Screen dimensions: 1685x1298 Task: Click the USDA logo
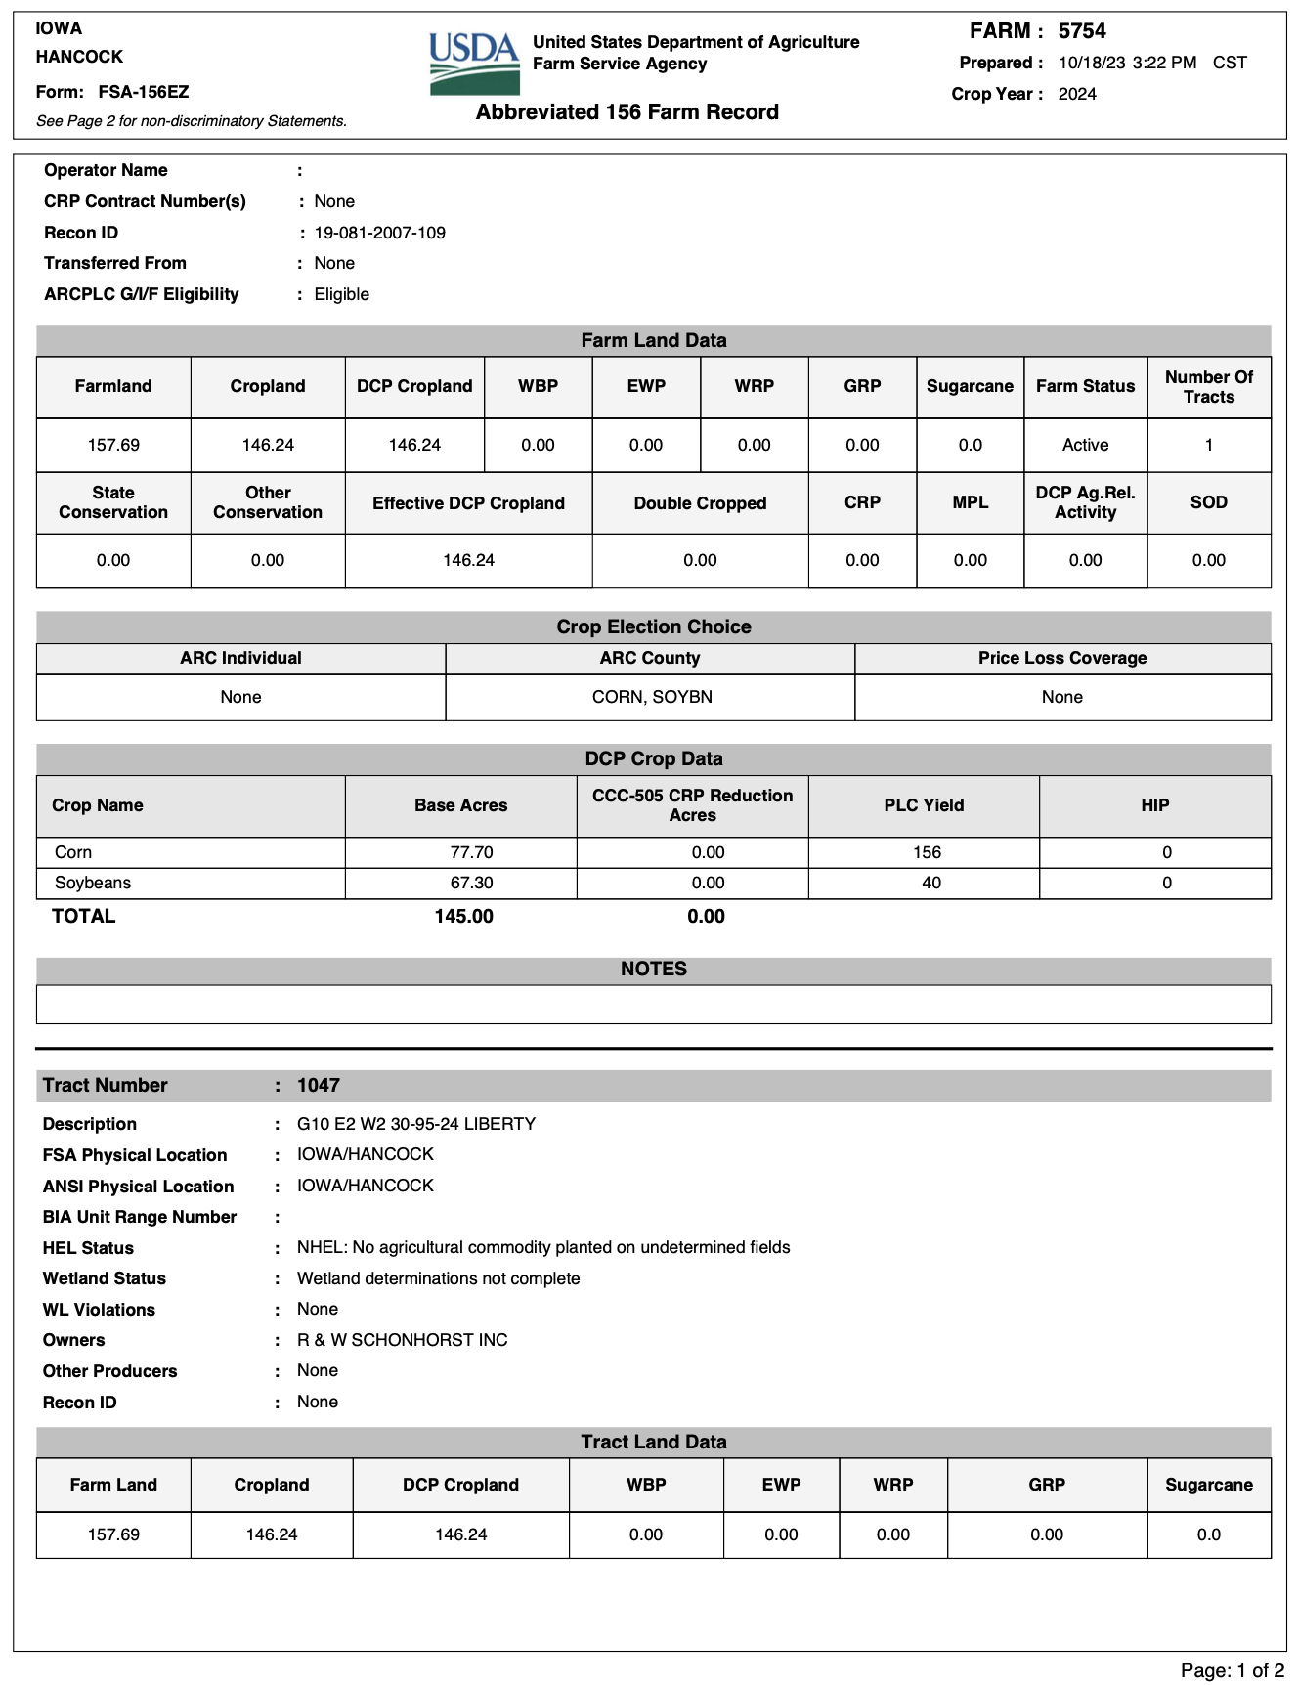[x=474, y=64]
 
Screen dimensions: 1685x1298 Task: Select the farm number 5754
[x=1082, y=31]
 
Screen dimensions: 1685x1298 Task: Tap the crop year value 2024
[x=1077, y=94]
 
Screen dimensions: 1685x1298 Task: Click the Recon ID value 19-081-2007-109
[x=379, y=233]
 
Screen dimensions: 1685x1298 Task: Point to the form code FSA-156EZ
[x=144, y=92]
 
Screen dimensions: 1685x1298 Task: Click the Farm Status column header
[x=1085, y=386]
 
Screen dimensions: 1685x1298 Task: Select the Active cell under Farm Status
[x=1085, y=445]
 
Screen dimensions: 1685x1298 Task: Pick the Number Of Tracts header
[x=1208, y=387]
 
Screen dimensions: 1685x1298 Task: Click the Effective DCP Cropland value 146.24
[x=468, y=560]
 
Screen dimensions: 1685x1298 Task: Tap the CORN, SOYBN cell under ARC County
[x=652, y=697]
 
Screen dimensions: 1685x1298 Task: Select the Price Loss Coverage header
[x=1062, y=658]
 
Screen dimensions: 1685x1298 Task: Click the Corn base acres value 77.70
[x=471, y=852]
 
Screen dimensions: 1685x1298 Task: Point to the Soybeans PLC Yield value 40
[x=931, y=883]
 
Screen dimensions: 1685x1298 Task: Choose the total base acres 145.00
[x=463, y=916]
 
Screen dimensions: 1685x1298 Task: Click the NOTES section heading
[x=653, y=969]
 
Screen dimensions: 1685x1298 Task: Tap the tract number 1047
[x=319, y=1085]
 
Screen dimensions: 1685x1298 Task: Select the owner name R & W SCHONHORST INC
[x=402, y=1340]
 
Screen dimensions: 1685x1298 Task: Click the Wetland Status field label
[x=105, y=1278]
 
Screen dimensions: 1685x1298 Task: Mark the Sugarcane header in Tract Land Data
[x=1208, y=1485]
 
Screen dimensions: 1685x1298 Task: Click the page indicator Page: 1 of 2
[x=1232, y=1670]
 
